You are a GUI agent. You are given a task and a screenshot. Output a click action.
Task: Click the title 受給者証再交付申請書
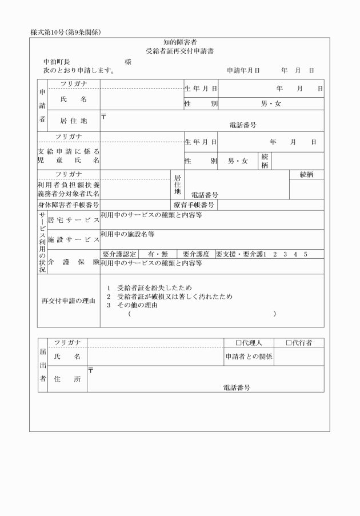tap(180, 50)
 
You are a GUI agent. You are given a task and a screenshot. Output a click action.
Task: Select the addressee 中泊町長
tap(57, 61)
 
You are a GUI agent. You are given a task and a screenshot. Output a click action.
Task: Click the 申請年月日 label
tap(243, 71)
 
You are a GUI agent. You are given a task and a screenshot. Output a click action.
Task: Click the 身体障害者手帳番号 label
tap(65, 205)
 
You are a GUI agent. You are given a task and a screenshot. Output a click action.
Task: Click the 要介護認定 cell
tap(120, 254)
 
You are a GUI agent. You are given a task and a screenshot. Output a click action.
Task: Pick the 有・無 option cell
tap(157, 254)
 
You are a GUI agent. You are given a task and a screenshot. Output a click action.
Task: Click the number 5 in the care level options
tap(306, 254)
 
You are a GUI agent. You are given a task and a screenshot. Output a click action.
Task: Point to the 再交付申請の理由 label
tap(69, 301)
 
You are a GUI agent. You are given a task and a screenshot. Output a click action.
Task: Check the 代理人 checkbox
tap(239, 343)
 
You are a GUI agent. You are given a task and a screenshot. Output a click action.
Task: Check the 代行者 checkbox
tap(289, 343)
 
